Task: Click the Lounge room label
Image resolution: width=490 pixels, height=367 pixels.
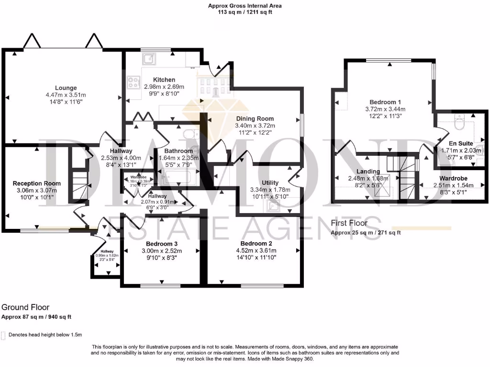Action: (66, 87)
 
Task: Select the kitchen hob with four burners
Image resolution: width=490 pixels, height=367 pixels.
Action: (133, 82)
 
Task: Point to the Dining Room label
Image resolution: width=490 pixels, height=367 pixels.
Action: (255, 119)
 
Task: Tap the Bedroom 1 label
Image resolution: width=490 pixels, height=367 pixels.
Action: (385, 102)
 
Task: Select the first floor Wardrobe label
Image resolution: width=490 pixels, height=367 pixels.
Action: (450, 178)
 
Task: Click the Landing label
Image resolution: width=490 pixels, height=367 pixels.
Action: (368, 171)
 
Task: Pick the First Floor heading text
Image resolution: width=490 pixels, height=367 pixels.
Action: (349, 223)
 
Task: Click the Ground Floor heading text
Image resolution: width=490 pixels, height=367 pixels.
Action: (25, 307)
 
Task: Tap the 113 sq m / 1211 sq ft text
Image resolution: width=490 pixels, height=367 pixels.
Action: (245, 12)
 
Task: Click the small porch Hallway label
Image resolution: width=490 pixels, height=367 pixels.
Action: (107, 251)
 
